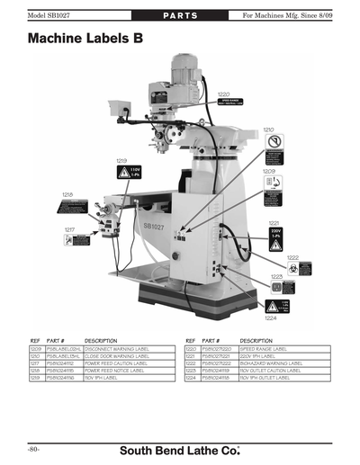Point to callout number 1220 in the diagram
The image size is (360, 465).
224,94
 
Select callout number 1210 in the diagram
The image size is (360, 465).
268,129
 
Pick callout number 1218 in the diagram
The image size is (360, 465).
67,193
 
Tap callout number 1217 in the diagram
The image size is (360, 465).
69,229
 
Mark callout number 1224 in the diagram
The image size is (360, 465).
269,317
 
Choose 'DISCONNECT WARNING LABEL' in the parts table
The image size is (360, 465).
122,346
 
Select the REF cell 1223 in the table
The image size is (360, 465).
191,370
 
